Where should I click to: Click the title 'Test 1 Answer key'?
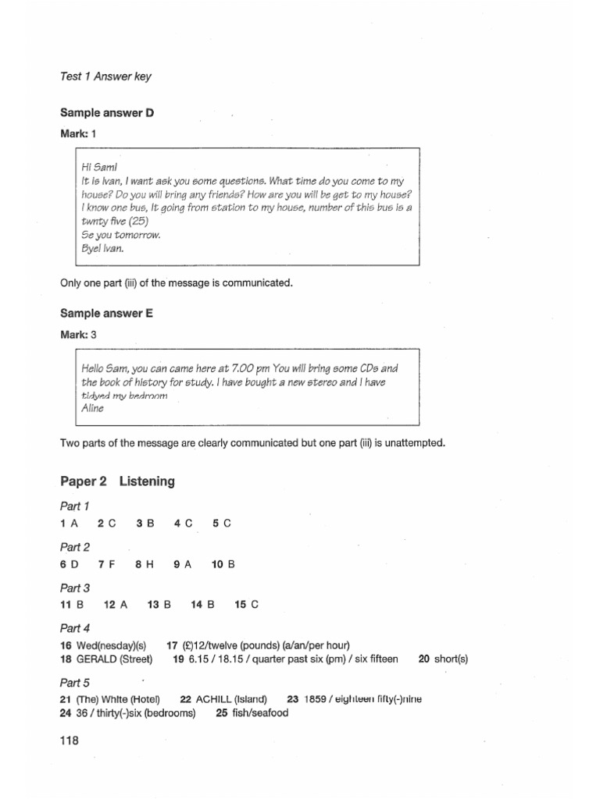105,76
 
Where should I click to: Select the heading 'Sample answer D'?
107,113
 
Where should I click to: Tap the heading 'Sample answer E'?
106,313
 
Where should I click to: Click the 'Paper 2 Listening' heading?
117,481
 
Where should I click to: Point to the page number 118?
70,742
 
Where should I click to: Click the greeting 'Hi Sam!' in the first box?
98,167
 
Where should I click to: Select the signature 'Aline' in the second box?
92,408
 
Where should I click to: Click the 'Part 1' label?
75,506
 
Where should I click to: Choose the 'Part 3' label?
75,588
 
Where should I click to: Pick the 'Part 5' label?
75,682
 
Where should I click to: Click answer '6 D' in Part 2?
69,563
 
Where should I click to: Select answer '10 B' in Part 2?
223,563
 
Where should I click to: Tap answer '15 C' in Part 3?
246,604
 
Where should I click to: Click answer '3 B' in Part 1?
144,523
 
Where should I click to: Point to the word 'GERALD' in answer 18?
97,659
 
